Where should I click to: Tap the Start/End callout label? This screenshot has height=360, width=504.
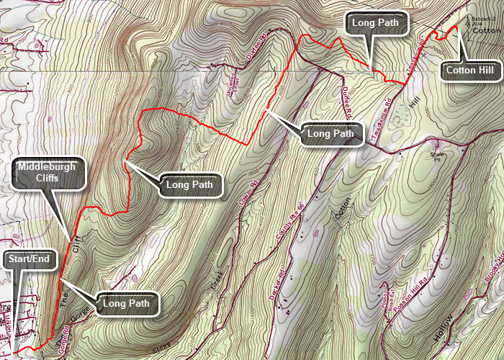point(30,261)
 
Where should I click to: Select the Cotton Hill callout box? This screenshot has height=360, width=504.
point(470,71)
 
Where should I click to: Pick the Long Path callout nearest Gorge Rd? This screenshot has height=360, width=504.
point(125,304)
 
